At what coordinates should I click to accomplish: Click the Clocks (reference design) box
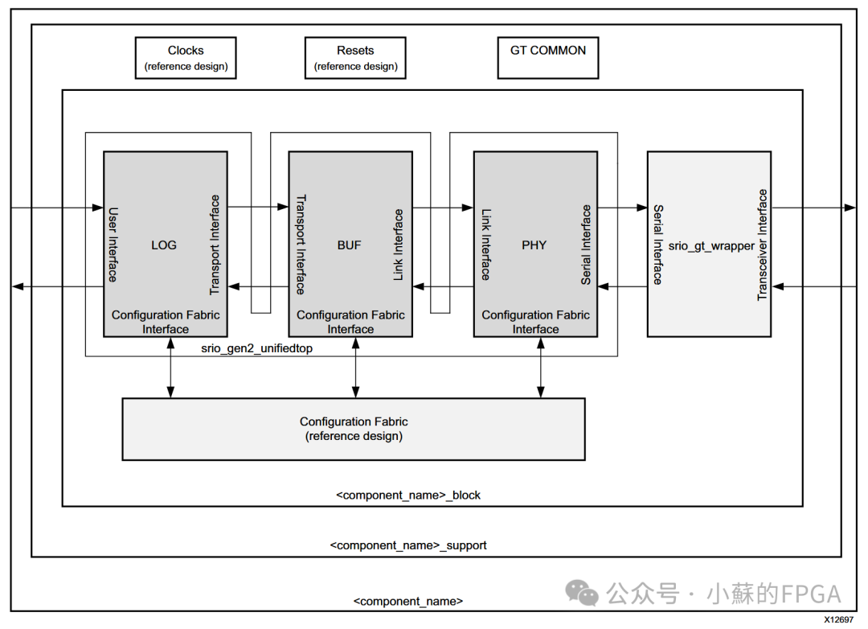[x=186, y=58]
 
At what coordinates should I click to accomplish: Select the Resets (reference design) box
[x=355, y=58]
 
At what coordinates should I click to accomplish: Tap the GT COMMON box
[x=548, y=58]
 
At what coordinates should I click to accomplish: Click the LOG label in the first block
[x=164, y=245]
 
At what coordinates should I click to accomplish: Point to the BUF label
[x=350, y=245]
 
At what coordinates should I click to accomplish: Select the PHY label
[x=534, y=245]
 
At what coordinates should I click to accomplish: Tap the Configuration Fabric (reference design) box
[x=354, y=429]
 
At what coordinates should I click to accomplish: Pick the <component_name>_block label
[x=408, y=495]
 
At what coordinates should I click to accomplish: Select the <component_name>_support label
[x=408, y=545]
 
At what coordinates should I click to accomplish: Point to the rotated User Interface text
[x=113, y=245]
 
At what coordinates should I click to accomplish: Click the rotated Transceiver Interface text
[x=763, y=245]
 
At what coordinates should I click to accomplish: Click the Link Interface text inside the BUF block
[x=399, y=245]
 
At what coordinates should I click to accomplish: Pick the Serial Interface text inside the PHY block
[x=586, y=245]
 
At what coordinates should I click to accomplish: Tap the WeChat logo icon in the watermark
[x=582, y=594]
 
